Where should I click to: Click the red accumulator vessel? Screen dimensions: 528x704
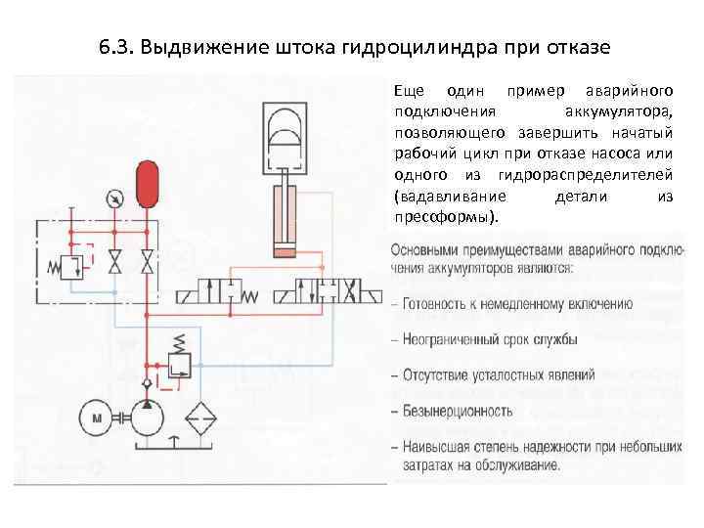coord(147,184)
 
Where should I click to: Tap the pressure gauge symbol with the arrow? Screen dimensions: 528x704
coord(116,199)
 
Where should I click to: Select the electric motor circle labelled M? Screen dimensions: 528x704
coord(96,418)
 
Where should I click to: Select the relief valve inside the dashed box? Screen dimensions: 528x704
coord(72,267)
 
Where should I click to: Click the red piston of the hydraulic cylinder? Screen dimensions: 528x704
coord(284,252)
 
